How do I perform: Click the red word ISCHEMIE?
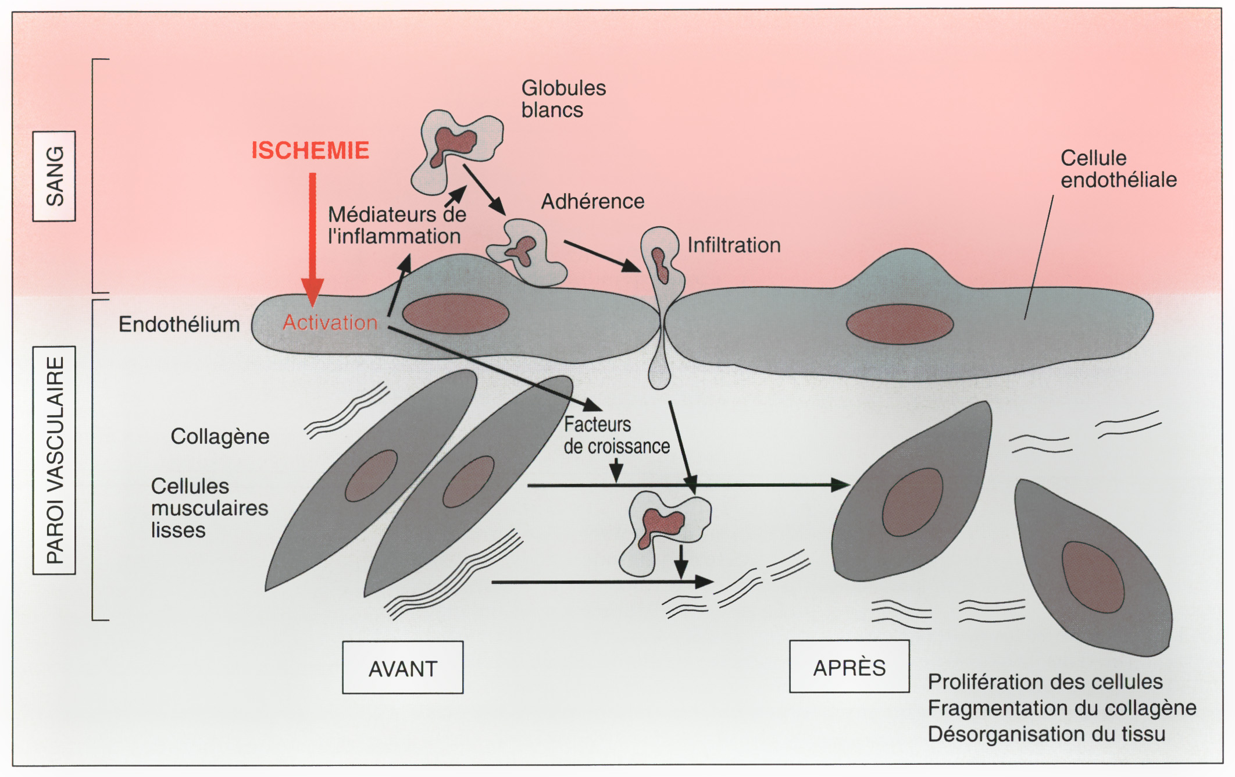pos(310,151)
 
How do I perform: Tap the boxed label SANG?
pos(54,176)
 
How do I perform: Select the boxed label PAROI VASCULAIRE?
pos(54,460)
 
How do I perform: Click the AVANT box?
pos(402,668)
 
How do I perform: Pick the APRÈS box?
pos(849,667)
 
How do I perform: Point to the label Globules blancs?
pos(563,99)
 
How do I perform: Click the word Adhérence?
pos(592,201)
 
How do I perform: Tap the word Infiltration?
pos(734,245)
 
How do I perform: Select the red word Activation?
pos(330,322)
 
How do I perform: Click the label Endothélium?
pos(179,324)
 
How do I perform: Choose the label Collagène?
pos(220,436)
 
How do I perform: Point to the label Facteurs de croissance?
pos(616,435)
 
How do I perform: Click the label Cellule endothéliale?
pos(1118,169)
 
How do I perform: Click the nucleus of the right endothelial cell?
pos(900,324)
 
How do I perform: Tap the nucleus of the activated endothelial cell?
pos(455,313)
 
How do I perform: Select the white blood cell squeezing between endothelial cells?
pos(661,291)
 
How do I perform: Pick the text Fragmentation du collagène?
pos(1062,708)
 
